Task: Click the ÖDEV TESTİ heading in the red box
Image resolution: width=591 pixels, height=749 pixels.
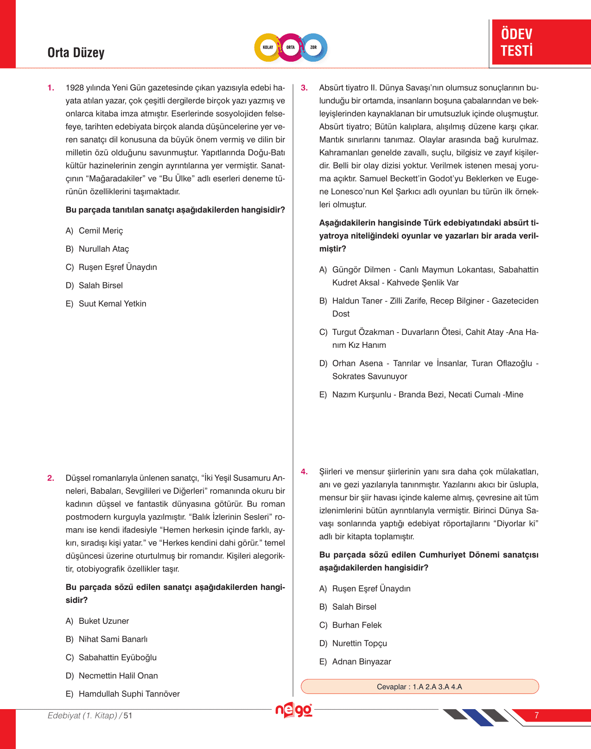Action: [x=517, y=42]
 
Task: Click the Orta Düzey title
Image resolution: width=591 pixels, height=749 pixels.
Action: [x=76, y=53]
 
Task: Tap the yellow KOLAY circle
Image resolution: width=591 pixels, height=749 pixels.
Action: [x=268, y=47]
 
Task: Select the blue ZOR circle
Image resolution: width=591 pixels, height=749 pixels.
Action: [x=314, y=47]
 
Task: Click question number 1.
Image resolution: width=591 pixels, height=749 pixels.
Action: [x=51, y=88]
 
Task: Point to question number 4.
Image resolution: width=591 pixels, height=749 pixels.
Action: [x=304, y=472]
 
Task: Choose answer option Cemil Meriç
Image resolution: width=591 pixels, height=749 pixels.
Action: [x=101, y=230]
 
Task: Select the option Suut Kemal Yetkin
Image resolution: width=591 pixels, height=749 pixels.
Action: [x=112, y=304]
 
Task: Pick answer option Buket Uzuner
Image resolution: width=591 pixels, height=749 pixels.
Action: [x=104, y=621]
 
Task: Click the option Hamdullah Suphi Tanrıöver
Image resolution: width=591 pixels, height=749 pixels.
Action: [x=129, y=694]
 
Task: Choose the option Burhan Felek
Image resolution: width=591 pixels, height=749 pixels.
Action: [x=357, y=625]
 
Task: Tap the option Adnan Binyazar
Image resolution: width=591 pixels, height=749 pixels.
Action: [x=362, y=662]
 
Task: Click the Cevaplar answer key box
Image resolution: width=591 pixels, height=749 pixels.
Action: [x=419, y=686]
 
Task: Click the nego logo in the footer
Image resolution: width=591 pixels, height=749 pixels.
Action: [x=294, y=710]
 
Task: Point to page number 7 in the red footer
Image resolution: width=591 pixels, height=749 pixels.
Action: [x=536, y=716]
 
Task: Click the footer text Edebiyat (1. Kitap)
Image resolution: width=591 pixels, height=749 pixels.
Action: [x=83, y=716]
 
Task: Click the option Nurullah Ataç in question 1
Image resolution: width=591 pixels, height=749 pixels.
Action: [x=104, y=249]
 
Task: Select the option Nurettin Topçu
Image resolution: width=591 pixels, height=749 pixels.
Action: [x=359, y=643]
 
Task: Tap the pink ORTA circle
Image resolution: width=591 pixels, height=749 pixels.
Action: [x=291, y=47]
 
